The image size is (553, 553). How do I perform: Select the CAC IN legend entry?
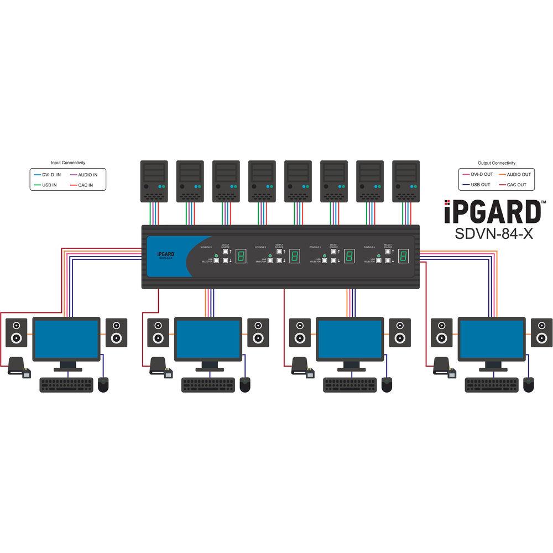84,185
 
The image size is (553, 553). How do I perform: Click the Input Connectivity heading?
68,163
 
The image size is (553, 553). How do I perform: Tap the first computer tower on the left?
154,181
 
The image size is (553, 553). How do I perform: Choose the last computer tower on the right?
405,181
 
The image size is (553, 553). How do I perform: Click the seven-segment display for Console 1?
242,256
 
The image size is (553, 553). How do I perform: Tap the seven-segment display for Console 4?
404,256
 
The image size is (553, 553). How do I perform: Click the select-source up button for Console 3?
333,251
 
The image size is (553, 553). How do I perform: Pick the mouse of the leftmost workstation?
103,384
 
